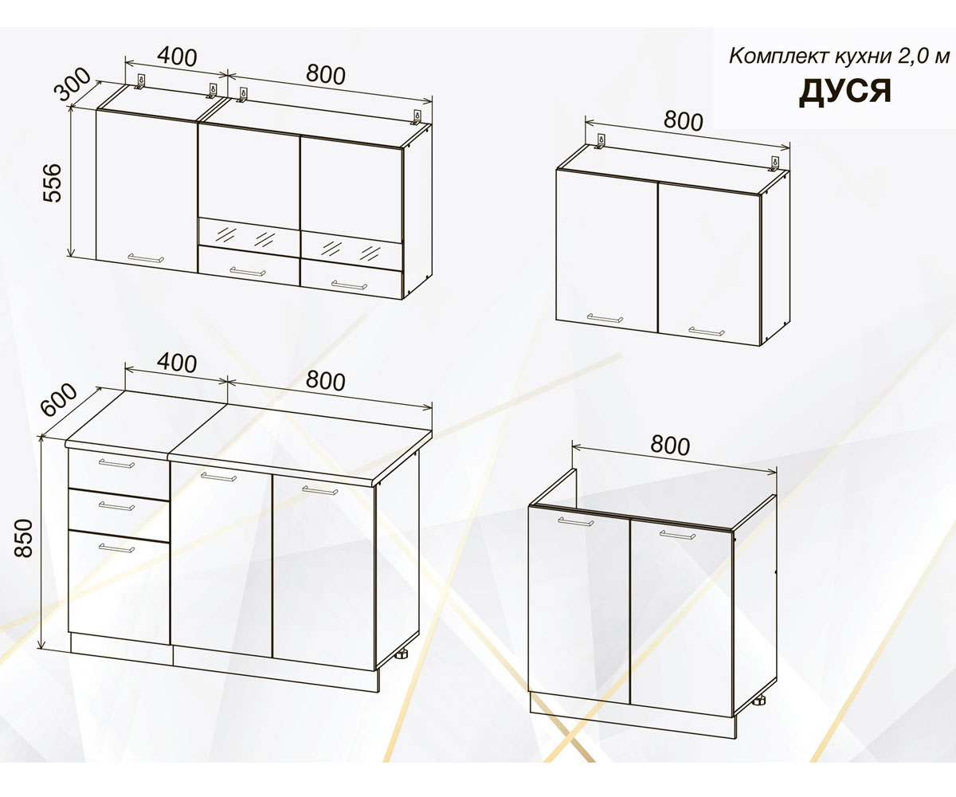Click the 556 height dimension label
[x=52, y=183]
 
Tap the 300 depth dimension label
[x=73, y=84]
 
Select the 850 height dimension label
[x=24, y=538]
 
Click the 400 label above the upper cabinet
[x=177, y=57]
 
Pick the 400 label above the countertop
[x=177, y=363]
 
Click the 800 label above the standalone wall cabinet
[x=683, y=121]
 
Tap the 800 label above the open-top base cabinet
[x=670, y=446]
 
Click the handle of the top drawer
[x=117, y=464]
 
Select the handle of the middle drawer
[x=117, y=505]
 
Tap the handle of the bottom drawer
[x=117, y=548]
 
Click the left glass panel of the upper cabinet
[x=249, y=237]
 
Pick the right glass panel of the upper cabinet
[x=351, y=249]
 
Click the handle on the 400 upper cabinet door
[x=146, y=258]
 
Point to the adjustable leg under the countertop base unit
[x=403, y=655]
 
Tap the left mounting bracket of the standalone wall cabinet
[x=600, y=142]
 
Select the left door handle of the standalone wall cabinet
[x=605, y=318]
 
